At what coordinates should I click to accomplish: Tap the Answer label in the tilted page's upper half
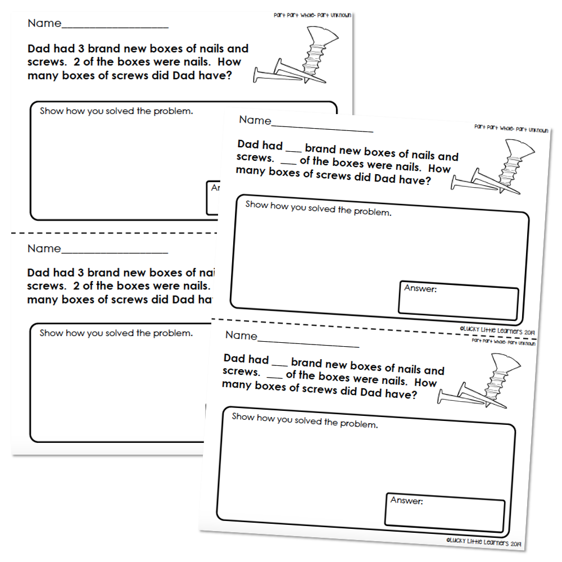coord(420,288)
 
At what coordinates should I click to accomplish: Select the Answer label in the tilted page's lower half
coord(406,500)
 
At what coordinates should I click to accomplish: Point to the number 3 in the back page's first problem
coord(81,49)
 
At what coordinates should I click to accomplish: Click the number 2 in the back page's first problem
coord(76,62)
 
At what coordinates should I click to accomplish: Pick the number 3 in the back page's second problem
coord(80,273)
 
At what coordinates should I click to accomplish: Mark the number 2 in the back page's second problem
coord(76,286)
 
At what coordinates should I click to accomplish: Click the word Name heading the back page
coord(44,23)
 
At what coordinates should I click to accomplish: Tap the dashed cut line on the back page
coord(114,233)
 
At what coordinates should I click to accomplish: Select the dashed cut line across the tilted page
coord(374,328)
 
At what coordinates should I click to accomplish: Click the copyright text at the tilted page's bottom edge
coord(483,542)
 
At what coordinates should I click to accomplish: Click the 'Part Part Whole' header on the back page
coord(312,15)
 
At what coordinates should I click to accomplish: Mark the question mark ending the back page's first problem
coord(229,76)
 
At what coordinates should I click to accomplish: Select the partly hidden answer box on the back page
coord(212,198)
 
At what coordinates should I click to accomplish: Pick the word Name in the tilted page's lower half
coord(241,336)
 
